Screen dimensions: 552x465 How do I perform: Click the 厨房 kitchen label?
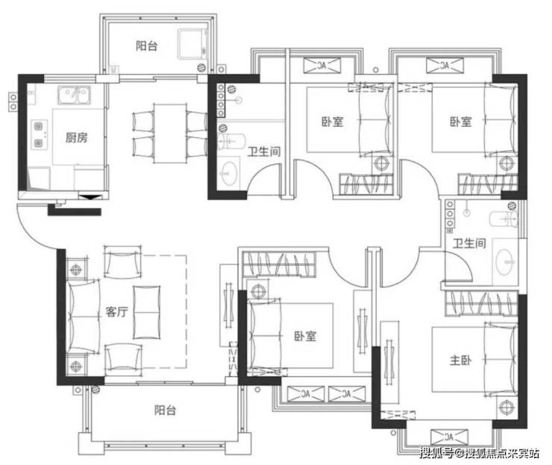pyautogui.click(x=76, y=137)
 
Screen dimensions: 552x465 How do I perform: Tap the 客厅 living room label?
pyautogui.click(x=116, y=311)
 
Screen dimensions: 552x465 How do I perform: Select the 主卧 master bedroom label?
pyautogui.click(x=460, y=360)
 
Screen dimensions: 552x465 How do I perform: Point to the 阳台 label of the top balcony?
pyautogui.click(x=146, y=46)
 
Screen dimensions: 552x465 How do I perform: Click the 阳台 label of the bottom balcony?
pyautogui.click(x=165, y=410)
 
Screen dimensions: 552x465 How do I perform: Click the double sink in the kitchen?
pyautogui.click(x=74, y=95)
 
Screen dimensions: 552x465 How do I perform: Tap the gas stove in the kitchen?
pyautogui.click(x=39, y=134)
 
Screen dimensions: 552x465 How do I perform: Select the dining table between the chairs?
pyautogui.click(x=170, y=133)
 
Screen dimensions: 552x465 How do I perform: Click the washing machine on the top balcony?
pyautogui.click(x=192, y=44)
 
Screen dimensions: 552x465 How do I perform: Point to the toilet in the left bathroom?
pyautogui.click(x=231, y=141)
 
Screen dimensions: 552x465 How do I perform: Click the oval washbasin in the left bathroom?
pyautogui.click(x=229, y=173)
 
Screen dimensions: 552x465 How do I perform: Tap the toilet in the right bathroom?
pyautogui.click(x=504, y=219)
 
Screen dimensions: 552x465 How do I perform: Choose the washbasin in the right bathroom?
pyautogui.click(x=504, y=262)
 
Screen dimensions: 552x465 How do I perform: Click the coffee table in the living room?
pyautogui.click(x=146, y=312)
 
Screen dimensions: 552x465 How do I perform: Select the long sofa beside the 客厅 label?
pyautogui.click(x=84, y=316)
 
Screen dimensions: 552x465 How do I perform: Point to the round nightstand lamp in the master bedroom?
pyautogui.click(x=506, y=407)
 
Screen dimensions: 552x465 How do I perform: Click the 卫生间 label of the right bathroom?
pyautogui.click(x=469, y=243)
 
